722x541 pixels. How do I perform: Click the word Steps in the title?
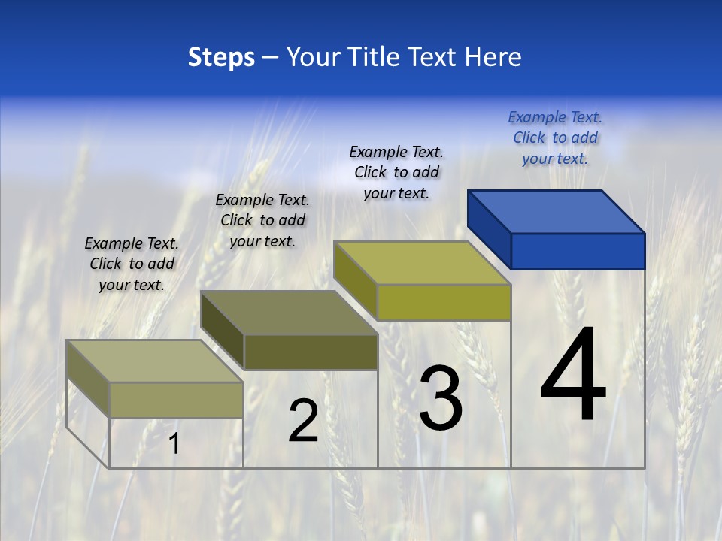pyautogui.click(x=221, y=57)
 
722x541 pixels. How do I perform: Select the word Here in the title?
pyautogui.click(x=493, y=57)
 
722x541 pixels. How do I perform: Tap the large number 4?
pyautogui.click(x=574, y=376)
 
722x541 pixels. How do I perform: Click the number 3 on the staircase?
pyautogui.click(x=441, y=398)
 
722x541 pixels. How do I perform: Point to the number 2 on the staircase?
pyautogui.click(x=303, y=421)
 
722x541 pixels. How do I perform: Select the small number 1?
pyautogui.click(x=174, y=444)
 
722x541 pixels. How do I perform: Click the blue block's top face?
pyautogui.click(x=557, y=211)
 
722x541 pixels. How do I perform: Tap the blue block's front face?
pyautogui.click(x=578, y=251)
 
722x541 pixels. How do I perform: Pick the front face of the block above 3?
pyautogui.click(x=444, y=302)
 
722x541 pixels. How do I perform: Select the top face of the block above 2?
pyautogui.click(x=290, y=313)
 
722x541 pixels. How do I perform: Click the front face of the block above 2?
pyautogui.click(x=311, y=352)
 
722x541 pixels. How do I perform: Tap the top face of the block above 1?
pyautogui.click(x=155, y=361)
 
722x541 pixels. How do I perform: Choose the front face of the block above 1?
pyautogui.click(x=176, y=400)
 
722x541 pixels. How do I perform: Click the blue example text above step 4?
pyautogui.click(x=555, y=138)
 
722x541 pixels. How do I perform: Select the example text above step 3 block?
pyautogui.click(x=396, y=172)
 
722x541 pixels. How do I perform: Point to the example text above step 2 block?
pyautogui.click(x=262, y=220)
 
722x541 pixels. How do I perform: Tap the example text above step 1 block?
pyautogui.click(x=132, y=264)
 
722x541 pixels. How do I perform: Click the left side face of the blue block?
pyautogui.click(x=490, y=229)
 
